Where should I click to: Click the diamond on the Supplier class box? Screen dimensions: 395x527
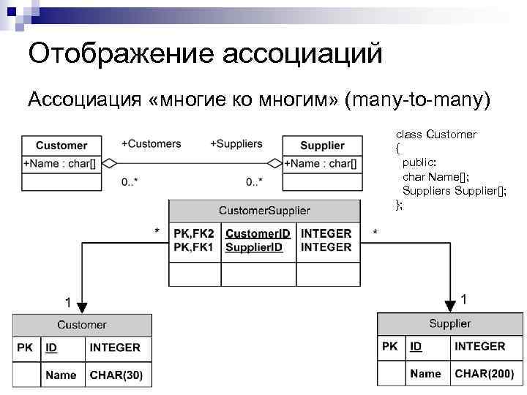274,163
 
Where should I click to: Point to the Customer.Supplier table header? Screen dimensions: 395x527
264,211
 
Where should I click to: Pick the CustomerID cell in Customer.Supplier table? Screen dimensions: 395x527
258,234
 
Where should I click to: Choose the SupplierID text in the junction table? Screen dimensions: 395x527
254,247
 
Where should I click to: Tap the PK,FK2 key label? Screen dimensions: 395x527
194,234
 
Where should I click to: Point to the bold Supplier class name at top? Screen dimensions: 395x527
322,146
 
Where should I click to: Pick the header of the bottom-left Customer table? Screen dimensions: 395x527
81,325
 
